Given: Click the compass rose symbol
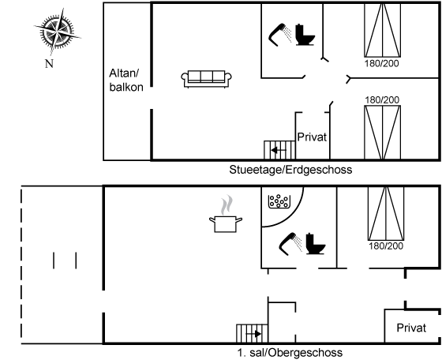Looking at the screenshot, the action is (x=58, y=31).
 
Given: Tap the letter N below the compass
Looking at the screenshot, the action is (x=49, y=64).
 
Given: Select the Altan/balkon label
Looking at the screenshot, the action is (x=126, y=80).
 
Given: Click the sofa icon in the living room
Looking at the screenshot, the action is (x=206, y=79).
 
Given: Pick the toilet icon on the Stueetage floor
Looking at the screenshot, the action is (x=305, y=35).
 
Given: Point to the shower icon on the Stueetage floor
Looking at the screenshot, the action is (x=280, y=35).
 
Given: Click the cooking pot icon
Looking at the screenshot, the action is (x=226, y=214).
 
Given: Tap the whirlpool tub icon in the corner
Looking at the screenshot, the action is (x=279, y=201).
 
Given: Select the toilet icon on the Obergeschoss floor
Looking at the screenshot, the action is (x=316, y=244).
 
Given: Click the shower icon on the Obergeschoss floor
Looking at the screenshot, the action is (x=291, y=244).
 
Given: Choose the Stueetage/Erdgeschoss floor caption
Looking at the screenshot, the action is (x=290, y=170).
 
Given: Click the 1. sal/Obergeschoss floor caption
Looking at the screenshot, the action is (x=290, y=353).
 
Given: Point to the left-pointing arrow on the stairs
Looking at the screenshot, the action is (x=279, y=150).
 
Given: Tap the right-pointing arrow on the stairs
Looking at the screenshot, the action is (x=253, y=334).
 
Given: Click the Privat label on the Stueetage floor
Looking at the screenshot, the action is (x=312, y=137).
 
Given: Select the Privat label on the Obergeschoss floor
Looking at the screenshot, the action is (x=411, y=328).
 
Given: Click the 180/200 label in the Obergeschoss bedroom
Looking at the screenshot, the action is (x=386, y=246).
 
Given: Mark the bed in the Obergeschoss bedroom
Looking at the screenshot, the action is (x=386, y=213).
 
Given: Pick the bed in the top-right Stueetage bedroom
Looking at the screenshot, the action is (x=383, y=30).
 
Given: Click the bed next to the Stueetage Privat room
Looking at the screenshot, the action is (x=383, y=133).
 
